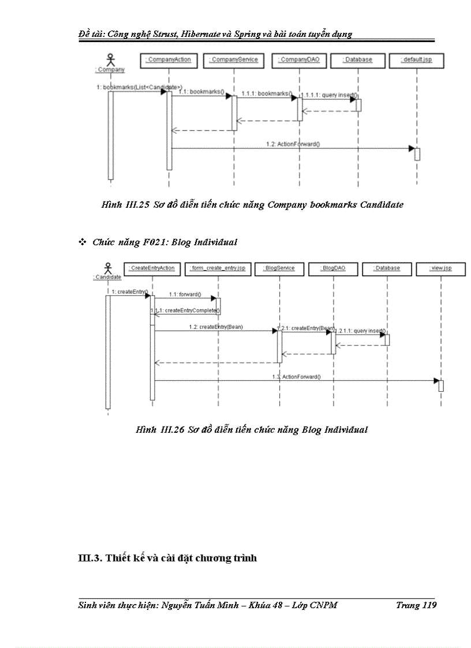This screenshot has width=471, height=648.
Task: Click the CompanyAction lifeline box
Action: click(x=168, y=59)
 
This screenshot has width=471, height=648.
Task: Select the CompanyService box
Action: click(x=234, y=59)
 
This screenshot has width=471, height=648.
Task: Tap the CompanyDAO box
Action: click(x=300, y=59)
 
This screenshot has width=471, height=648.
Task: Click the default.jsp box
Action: click(x=417, y=59)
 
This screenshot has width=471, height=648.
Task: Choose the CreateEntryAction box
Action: click(x=152, y=268)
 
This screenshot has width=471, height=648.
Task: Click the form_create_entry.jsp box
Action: click(x=218, y=268)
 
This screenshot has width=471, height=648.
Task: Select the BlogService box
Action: click(x=279, y=268)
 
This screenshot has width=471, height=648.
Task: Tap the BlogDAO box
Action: click(x=333, y=268)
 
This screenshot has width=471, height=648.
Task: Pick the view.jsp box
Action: click(x=440, y=268)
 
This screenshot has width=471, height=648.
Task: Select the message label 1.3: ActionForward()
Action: click(x=297, y=377)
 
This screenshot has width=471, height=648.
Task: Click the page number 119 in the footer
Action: click(x=428, y=605)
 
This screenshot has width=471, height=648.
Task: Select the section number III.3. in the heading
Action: click(x=90, y=558)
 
